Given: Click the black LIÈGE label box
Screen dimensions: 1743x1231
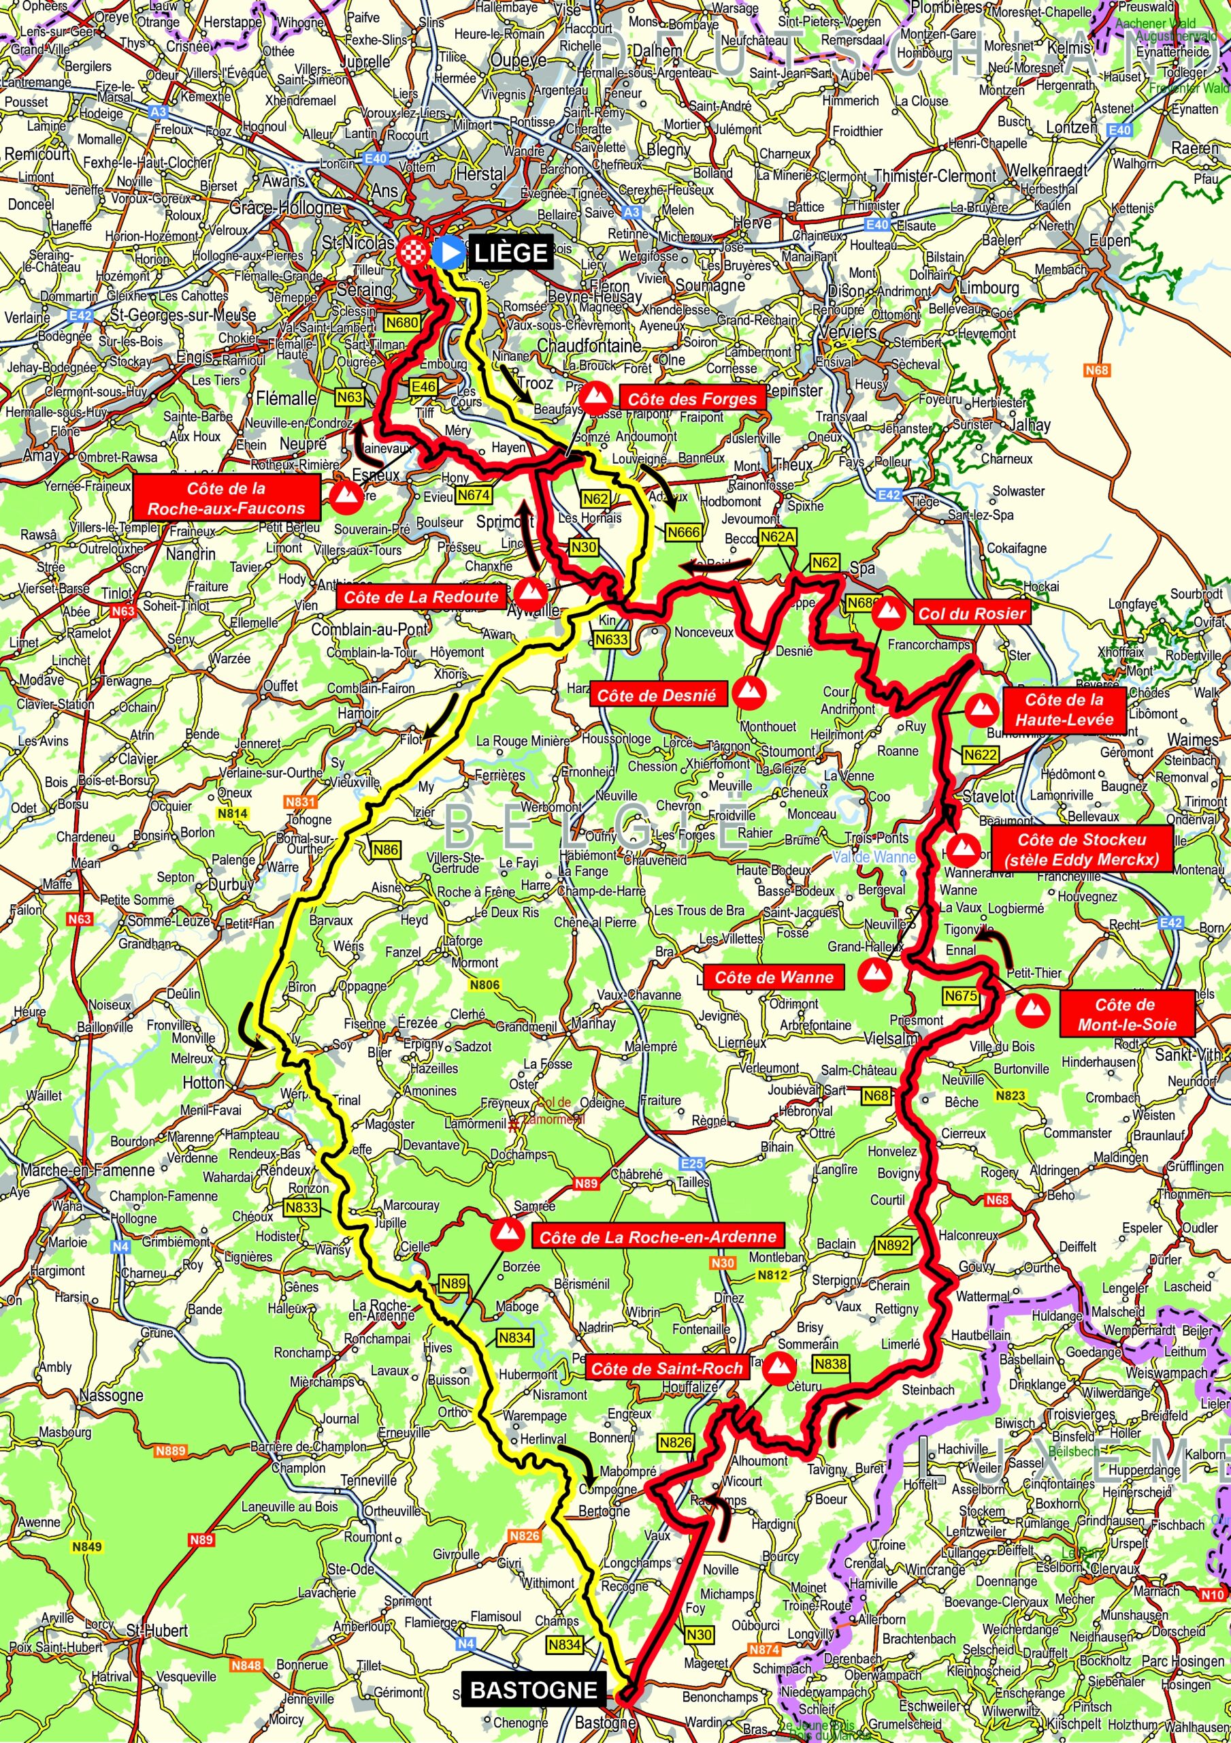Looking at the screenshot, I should [510, 253].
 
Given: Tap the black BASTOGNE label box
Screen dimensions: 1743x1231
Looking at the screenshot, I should [534, 1690].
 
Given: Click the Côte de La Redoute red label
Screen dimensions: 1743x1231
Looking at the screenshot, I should [421, 596].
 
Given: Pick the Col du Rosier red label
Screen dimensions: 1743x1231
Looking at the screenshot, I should [972, 613].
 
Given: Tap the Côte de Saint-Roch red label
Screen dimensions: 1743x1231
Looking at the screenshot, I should [666, 1369].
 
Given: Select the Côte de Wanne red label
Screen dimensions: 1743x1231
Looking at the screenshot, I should [773, 977].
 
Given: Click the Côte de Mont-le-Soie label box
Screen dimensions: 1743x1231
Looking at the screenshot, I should [1126, 1014].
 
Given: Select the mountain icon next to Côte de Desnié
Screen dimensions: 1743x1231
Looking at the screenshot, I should [750, 692].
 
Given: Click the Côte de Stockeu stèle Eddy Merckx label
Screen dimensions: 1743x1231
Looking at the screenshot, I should [1081, 850].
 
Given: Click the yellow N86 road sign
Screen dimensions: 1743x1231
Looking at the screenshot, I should [386, 850].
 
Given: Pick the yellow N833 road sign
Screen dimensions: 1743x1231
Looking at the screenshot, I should [302, 1207].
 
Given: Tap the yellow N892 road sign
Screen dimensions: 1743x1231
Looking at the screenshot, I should [893, 1246].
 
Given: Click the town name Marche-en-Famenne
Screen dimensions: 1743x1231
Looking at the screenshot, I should [87, 1170].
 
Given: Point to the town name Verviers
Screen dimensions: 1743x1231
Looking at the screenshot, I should [849, 332].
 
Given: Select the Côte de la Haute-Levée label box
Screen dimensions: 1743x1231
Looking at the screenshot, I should [1064, 709].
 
